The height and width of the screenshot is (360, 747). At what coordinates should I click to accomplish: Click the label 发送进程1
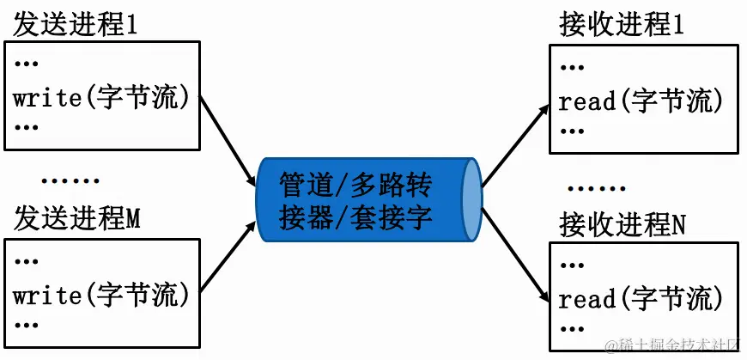(76, 25)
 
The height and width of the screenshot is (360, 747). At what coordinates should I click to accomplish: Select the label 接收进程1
(622, 25)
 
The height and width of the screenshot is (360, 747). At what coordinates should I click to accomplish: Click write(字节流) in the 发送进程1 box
(101, 98)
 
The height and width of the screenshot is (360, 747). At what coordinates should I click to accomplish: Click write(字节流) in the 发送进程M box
(101, 296)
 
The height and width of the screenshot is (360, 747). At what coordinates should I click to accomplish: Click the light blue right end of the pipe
(471, 200)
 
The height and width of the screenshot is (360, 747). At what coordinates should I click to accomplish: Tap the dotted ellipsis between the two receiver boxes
(596, 187)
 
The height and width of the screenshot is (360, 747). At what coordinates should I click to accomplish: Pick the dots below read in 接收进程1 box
(572, 131)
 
